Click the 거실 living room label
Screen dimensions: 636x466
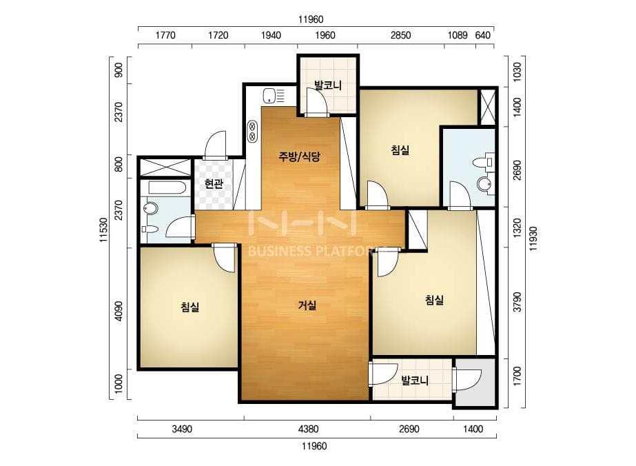(x=307, y=305)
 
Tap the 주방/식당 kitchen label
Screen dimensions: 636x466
(x=299, y=156)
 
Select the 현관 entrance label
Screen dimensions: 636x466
(x=214, y=184)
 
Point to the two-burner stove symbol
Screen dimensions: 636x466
(x=252, y=131)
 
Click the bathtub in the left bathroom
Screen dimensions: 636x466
(x=167, y=188)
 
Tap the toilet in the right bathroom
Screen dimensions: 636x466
(x=484, y=162)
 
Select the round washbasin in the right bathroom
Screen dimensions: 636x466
(x=484, y=184)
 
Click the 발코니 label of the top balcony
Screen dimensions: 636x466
(x=328, y=85)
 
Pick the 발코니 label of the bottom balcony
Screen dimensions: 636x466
(x=415, y=381)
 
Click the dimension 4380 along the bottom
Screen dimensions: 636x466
(x=308, y=429)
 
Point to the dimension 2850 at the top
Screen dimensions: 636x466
(x=400, y=35)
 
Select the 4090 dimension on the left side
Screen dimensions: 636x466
(x=118, y=311)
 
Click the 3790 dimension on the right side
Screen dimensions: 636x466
(x=517, y=302)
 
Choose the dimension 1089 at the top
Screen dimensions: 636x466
(x=458, y=35)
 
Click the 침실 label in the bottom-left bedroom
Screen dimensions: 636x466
(x=189, y=307)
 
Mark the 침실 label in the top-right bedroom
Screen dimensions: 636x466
(x=400, y=150)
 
